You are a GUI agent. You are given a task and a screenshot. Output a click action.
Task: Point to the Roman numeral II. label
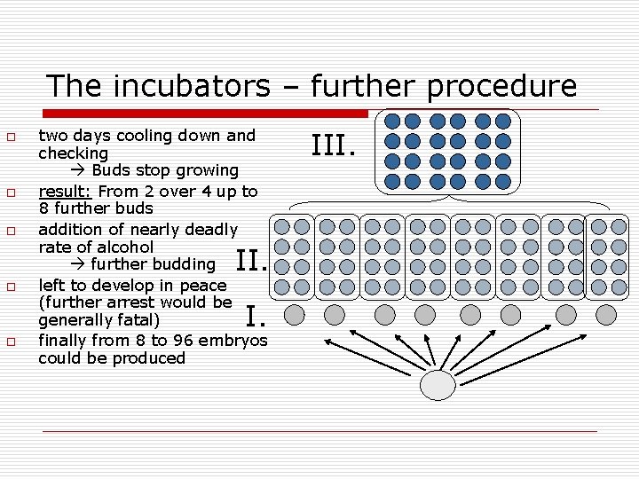[252, 260]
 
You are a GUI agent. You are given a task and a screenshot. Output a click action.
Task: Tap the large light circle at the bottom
[437, 384]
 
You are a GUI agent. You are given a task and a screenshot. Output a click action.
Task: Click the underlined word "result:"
[66, 191]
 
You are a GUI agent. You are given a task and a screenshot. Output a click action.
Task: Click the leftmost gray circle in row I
[294, 314]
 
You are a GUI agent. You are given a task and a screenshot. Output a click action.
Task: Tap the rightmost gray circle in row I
[606, 314]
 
